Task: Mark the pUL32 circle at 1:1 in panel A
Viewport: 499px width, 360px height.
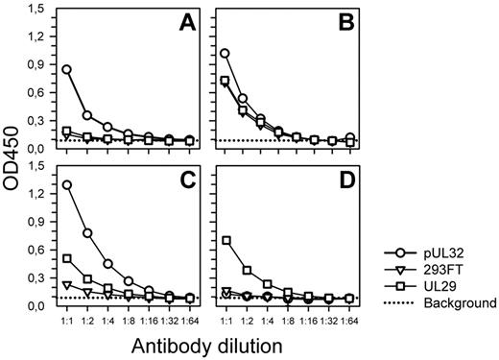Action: [67, 69]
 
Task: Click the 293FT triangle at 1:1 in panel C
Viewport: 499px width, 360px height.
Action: [67, 285]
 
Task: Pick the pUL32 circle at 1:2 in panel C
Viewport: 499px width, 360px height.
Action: [88, 232]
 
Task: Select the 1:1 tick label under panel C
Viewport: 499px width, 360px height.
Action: [67, 316]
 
